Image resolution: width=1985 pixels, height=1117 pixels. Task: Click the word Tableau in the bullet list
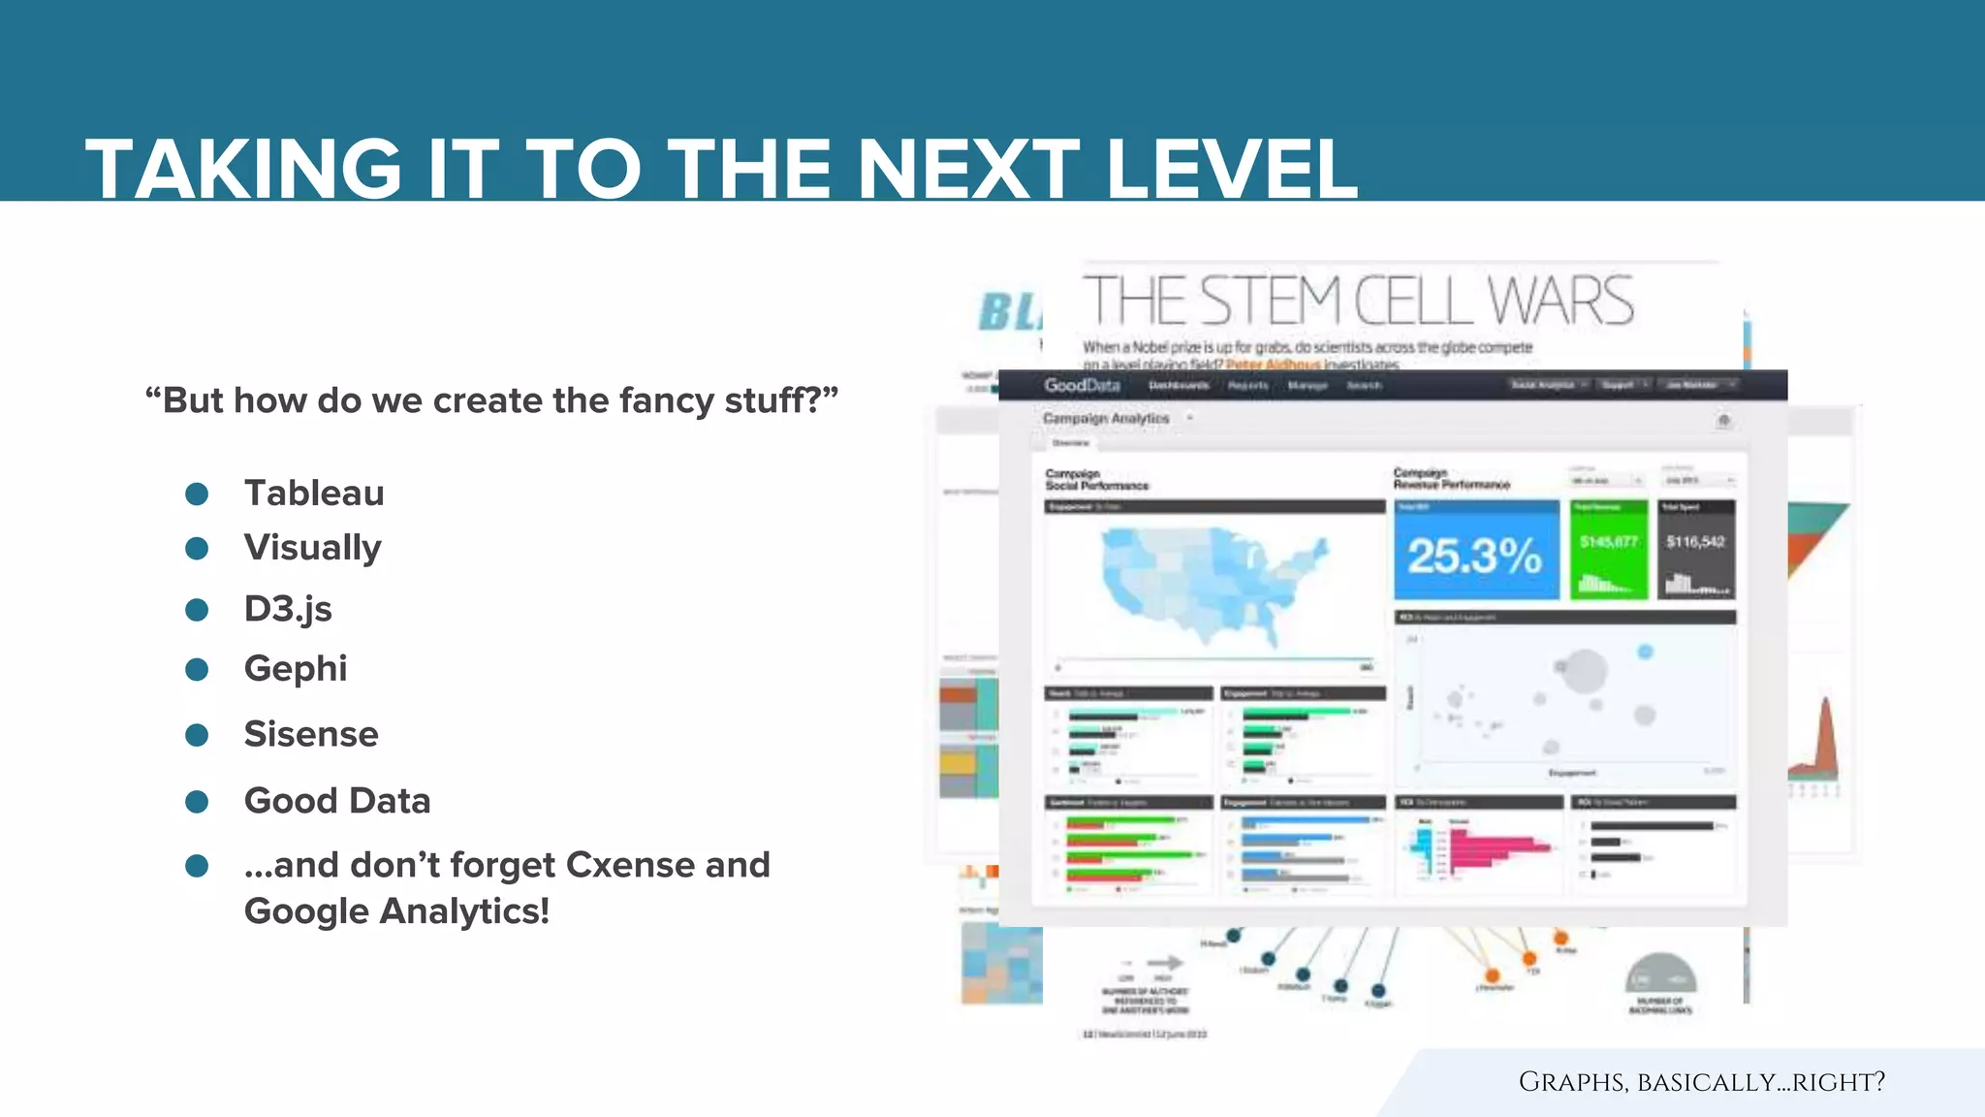pos(314,493)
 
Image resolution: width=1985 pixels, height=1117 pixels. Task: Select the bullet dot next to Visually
pos(197,549)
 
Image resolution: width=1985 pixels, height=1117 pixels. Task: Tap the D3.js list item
pos(288,609)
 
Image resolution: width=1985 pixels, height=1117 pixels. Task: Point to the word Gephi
pos(296,668)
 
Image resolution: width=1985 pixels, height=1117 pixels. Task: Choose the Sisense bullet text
pos(311,734)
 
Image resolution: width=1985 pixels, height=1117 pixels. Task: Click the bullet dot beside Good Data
pos(197,802)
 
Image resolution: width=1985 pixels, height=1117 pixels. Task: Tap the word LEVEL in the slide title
pos(1231,169)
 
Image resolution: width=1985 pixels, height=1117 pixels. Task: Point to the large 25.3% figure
pos(1475,555)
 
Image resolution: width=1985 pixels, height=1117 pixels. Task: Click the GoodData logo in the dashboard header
pos(1082,385)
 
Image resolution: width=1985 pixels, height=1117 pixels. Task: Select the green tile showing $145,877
pos(1609,550)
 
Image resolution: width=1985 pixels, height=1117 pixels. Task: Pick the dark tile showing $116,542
pos(1695,550)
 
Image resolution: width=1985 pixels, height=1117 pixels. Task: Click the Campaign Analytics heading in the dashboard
pos(1106,418)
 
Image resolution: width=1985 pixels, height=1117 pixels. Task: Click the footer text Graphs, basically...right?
pos(1701,1081)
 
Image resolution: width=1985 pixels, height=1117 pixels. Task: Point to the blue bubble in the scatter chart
pos(1645,652)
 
